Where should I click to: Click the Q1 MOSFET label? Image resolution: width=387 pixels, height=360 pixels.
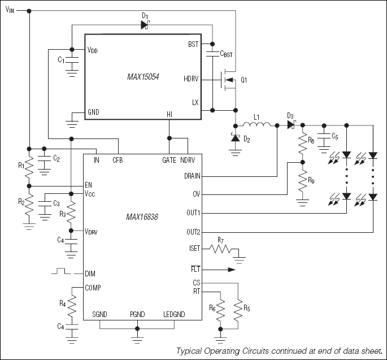(x=244, y=80)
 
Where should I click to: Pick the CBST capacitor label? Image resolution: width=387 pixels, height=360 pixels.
(x=226, y=54)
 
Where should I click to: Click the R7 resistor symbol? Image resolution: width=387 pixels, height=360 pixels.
(x=222, y=248)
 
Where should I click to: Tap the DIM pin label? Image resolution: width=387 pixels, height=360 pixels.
(x=90, y=274)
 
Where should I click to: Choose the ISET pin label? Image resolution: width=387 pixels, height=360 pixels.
(x=193, y=248)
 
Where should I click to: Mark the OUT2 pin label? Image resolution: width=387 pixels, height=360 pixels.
(x=192, y=232)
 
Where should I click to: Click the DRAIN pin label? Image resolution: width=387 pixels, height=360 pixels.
(x=191, y=176)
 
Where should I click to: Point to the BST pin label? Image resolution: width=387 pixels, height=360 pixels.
(x=193, y=44)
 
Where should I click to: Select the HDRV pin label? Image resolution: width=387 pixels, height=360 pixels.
(x=191, y=79)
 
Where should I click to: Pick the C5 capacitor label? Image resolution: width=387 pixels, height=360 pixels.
(x=335, y=136)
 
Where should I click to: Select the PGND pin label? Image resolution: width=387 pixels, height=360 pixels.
(x=137, y=314)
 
